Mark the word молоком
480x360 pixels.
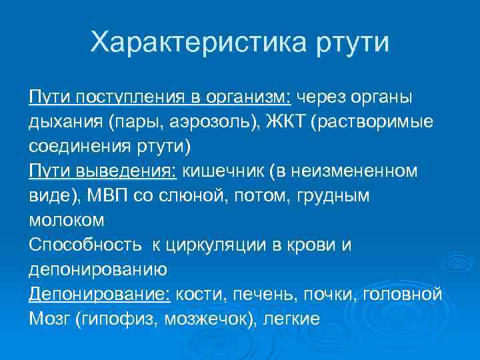[x=67, y=220]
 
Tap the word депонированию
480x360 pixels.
[x=98, y=269]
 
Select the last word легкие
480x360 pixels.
[x=293, y=318]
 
